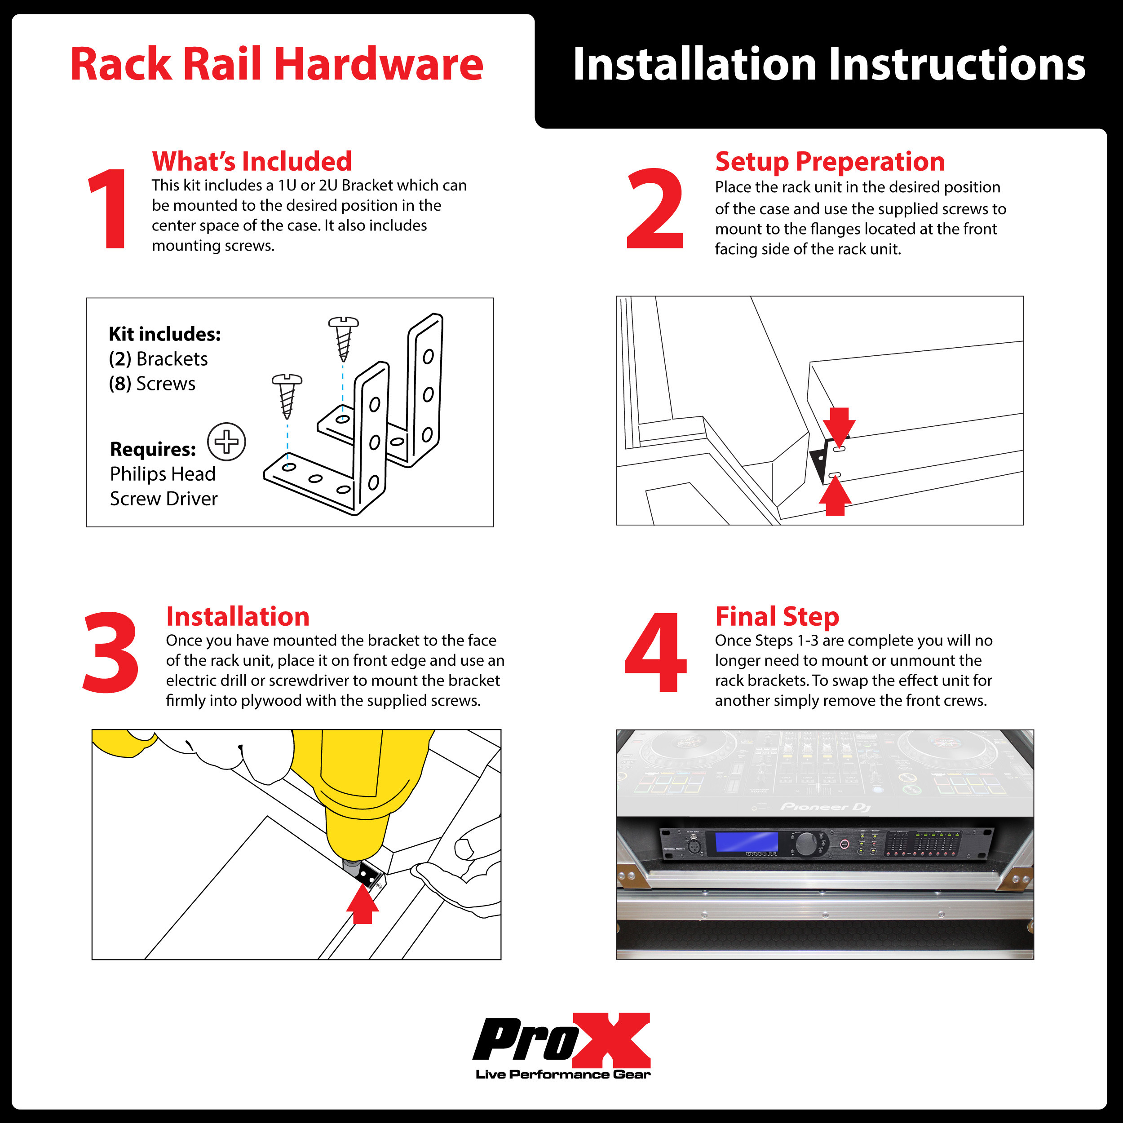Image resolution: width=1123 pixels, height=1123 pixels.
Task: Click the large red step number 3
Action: [x=111, y=652]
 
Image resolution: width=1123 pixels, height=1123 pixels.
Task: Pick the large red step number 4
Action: [x=656, y=652]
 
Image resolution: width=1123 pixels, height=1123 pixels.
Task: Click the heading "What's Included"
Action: [x=252, y=161]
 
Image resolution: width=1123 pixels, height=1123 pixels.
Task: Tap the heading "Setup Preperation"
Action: [x=830, y=161]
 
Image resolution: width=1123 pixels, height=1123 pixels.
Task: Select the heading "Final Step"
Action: [x=777, y=616]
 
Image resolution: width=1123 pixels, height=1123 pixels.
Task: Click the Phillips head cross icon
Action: [x=227, y=442]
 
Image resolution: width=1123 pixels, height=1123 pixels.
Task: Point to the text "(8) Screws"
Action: [x=152, y=384]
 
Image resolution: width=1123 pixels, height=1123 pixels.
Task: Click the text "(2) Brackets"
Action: [x=158, y=358]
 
